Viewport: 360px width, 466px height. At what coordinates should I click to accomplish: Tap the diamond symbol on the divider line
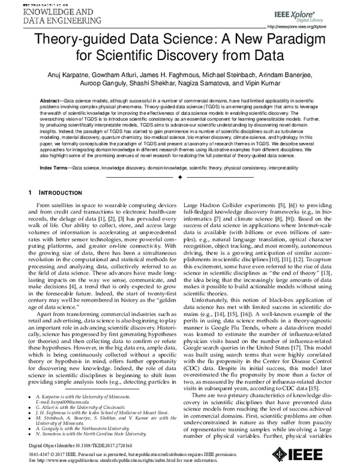(180, 178)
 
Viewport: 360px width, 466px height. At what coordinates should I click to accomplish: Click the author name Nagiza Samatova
(220, 85)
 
